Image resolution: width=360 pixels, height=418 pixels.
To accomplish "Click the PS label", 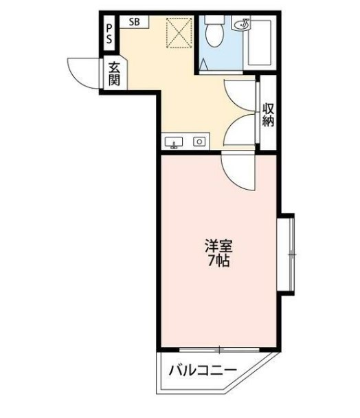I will [109, 34].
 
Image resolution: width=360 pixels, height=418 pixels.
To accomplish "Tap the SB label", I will [133, 22].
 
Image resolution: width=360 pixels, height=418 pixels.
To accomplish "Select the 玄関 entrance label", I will [113, 74].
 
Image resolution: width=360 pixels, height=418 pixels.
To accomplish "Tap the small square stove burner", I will [199, 142].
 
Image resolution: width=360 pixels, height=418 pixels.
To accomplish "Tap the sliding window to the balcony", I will [220, 349].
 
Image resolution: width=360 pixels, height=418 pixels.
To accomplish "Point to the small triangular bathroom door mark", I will [204, 65].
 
